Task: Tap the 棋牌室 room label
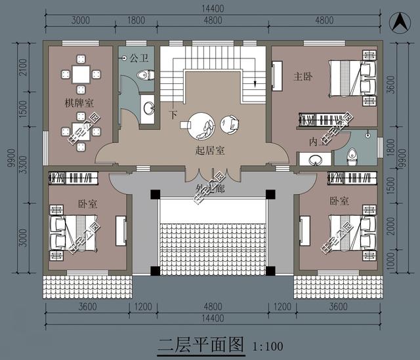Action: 78,103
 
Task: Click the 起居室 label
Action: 210,150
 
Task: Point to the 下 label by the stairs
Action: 173,115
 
